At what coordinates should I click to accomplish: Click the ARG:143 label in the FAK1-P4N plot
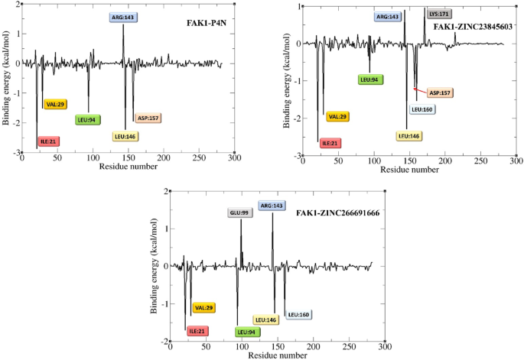(x=123, y=15)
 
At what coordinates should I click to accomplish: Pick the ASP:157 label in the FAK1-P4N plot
(x=146, y=118)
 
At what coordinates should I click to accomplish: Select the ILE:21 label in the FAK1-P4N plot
(x=48, y=141)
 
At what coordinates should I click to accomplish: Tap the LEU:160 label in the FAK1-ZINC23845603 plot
(x=421, y=109)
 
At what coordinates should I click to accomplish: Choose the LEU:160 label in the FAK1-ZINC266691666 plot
(x=298, y=314)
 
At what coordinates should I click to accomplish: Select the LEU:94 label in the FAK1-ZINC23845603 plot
(x=371, y=79)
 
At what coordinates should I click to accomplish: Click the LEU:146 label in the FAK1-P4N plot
(x=125, y=136)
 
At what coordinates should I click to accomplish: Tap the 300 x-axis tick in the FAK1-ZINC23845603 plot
(x=516, y=161)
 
